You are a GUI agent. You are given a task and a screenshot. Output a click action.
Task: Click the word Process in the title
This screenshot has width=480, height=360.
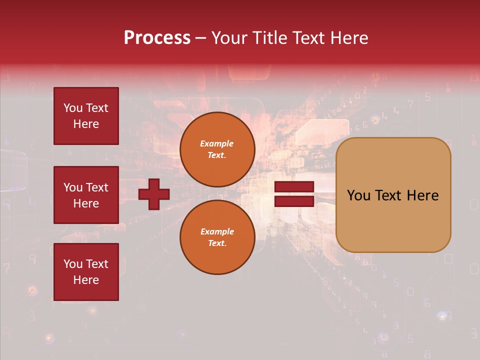coord(157,38)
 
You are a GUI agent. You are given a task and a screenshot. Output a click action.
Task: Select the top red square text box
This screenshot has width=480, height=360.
coord(86,116)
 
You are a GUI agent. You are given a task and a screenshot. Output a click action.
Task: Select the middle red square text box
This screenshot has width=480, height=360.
coord(86,195)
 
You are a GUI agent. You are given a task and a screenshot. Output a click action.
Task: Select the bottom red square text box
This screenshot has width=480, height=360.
coord(86,272)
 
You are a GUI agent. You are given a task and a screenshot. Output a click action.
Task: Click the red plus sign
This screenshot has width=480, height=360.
coord(154,194)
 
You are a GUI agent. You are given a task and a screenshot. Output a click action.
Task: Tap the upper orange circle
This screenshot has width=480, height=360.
coord(217,149)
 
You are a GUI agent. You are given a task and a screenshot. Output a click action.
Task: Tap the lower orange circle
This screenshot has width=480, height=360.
coord(217,237)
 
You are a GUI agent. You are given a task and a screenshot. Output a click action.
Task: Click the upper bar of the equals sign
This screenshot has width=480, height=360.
coord(294,187)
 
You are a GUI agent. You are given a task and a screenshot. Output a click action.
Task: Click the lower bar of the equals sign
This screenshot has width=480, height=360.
coord(294,201)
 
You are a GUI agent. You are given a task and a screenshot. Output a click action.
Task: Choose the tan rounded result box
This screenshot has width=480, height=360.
coord(393,195)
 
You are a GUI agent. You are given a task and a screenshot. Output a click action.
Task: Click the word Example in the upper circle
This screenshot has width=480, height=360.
coord(217,143)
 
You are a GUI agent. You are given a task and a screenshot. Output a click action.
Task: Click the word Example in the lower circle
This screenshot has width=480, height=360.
coord(217,231)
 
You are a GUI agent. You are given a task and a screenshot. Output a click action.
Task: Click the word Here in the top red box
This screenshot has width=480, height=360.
coord(86,124)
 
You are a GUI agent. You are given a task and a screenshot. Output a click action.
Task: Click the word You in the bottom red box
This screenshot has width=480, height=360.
coord(73,264)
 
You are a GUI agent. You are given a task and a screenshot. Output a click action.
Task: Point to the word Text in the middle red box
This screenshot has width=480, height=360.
coord(97,187)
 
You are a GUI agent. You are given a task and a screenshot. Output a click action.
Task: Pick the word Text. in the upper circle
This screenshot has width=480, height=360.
coord(217,155)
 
